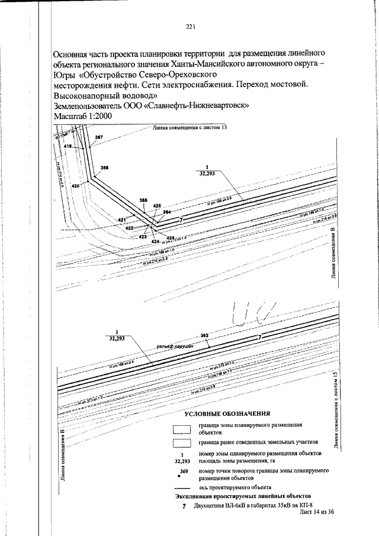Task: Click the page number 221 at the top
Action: [x=191, y=27]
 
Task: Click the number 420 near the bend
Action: [x=75, y=186]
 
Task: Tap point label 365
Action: [x=143, y=200]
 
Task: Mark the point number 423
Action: [x=143, y=237]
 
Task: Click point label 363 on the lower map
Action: [x=205, y=336]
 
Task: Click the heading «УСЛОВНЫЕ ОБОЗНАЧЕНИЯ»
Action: [x=227, y=414]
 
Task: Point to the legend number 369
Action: [x=184, y=471]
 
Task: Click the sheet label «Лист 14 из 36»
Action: [x=317, y=512]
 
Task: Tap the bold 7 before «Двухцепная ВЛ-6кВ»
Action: [x=184, y=506]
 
